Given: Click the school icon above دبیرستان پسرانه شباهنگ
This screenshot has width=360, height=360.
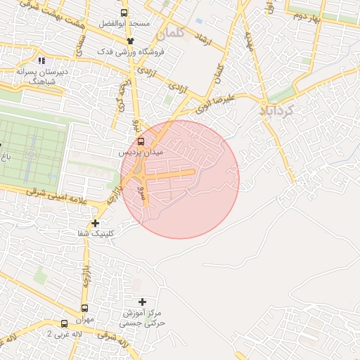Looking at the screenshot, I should [x=41, y=60].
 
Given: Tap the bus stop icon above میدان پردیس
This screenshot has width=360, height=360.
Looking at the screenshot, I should [x=141, y=141].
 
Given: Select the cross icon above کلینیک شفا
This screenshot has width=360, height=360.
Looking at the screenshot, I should [x=96, y=223].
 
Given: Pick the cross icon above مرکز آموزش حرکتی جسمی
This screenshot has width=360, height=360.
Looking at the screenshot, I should [x=142, y=302].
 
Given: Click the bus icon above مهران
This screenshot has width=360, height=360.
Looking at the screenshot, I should [x=84, y=308].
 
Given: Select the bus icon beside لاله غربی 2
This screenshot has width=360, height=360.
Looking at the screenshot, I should [x=65, y=323].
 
